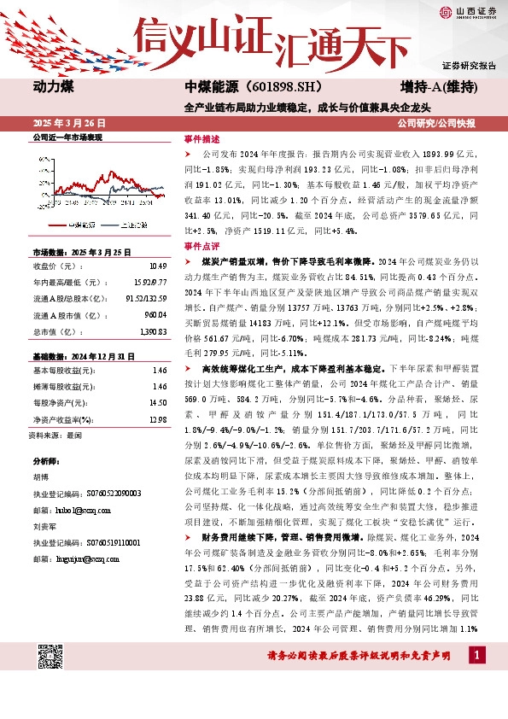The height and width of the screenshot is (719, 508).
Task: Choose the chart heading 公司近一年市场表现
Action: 67,137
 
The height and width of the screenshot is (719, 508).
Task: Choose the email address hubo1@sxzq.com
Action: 78,510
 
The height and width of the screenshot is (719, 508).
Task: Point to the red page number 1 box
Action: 476,654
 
